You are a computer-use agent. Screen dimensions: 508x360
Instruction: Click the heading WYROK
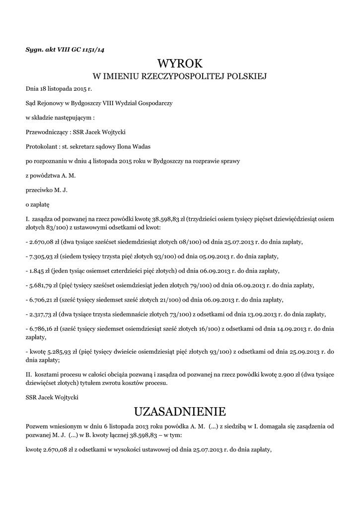point(180,63)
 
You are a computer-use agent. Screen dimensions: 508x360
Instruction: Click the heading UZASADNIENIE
point(180,411)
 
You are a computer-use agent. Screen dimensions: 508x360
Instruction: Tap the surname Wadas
point(141,147)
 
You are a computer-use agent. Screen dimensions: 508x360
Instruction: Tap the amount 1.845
point(37,271)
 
